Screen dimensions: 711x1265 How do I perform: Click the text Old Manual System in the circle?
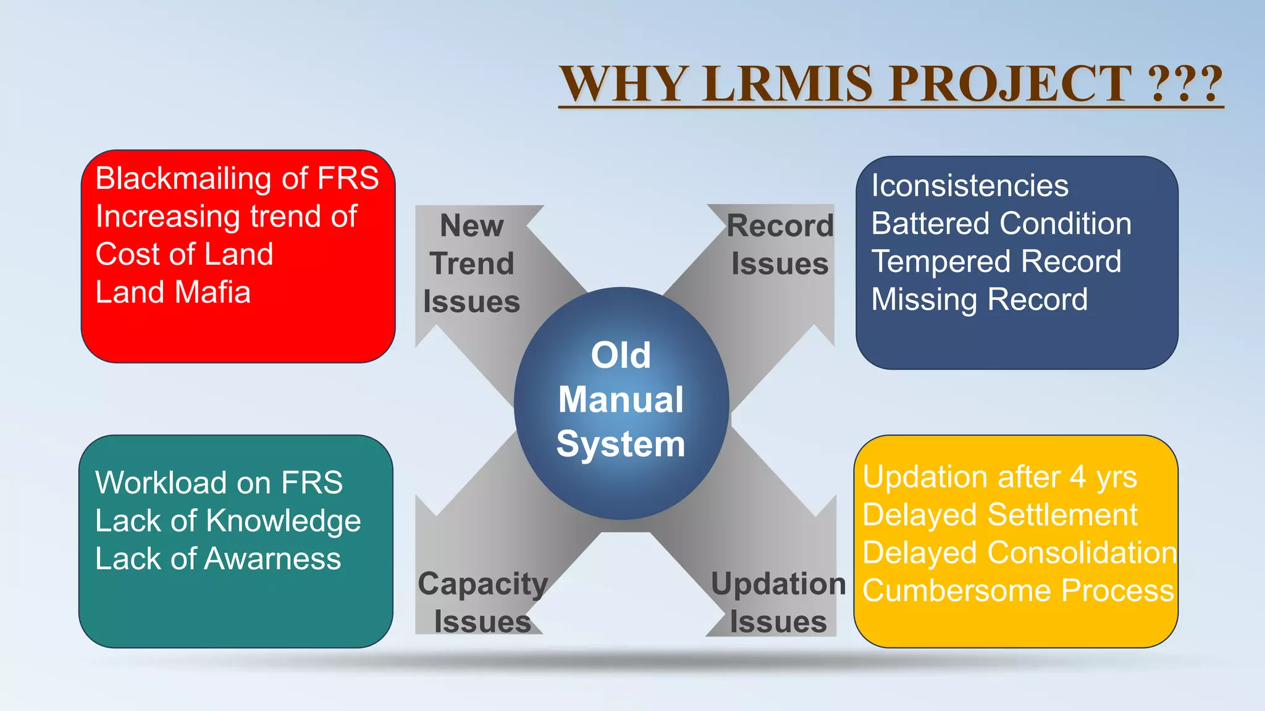[621, 399]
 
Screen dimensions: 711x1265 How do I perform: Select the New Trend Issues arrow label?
[471, 264]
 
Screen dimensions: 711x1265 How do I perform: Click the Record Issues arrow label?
[780, 245]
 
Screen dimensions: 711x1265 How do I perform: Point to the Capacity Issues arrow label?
[482, 602]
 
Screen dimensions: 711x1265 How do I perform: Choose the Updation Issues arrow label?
[778, 602]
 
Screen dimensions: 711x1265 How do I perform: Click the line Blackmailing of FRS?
[237, 179]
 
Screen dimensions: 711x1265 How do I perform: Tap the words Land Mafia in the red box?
[173, 293]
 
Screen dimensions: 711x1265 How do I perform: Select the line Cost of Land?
[184, 254]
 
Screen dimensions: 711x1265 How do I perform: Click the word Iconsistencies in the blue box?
[970, 186]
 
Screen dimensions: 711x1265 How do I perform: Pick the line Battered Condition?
[1001, 223]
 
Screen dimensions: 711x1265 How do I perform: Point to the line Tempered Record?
[996, 262]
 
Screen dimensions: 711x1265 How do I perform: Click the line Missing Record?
[979, 300]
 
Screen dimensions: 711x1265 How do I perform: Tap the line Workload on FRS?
[219, 483]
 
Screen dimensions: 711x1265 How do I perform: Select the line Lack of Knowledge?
[228, 521]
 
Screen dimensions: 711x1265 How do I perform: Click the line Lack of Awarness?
[218, 559]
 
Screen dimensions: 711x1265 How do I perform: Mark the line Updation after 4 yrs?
[999, 477]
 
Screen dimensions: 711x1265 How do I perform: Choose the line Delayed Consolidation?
[1019, 553]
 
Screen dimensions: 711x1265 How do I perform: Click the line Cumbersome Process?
[1018, 591]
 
